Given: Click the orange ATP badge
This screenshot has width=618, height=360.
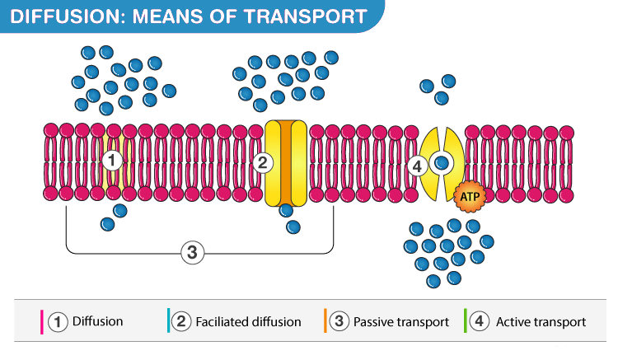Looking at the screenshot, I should (x=467, y=196).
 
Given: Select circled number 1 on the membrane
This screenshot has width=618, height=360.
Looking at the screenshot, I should (x=114, y=159).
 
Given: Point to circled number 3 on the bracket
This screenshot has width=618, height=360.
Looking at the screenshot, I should (x=191, y=252).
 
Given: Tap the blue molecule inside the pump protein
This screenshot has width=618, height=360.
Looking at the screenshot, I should (x=442, y=162).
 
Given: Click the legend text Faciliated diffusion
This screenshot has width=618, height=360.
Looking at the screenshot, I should (x=248, y=322).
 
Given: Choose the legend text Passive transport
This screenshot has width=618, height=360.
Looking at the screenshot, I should (x=400, y=322).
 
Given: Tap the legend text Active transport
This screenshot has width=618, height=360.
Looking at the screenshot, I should (x=541, y=322).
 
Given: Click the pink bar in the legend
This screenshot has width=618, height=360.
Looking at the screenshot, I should (x=42, y=322).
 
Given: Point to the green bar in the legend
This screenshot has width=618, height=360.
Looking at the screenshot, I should (x=466, y=322).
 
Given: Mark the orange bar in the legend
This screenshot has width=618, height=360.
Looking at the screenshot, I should (x=325, y=322).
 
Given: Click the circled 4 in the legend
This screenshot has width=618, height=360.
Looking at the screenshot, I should (x=481, y=322).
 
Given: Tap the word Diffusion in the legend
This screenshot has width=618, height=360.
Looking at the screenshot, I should (x=97, y=322).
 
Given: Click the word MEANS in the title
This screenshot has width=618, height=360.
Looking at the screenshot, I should (x=157, y=16).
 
